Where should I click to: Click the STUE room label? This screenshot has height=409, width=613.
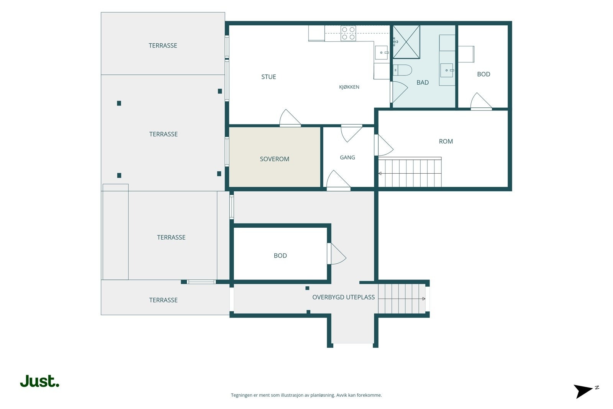pos(269,77)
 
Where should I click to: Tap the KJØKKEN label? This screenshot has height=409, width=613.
pos(349,87)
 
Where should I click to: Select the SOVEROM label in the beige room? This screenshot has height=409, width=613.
pos(274,159)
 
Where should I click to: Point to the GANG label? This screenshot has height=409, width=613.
pos(347,158)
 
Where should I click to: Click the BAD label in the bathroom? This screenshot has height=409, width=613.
pos(423,82)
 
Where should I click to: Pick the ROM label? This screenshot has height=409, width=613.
pos(446,141)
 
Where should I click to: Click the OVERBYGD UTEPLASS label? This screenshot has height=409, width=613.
pos(343,297)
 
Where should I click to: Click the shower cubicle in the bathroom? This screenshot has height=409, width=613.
pos(406,42)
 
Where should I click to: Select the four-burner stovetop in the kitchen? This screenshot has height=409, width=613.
pos(348,33)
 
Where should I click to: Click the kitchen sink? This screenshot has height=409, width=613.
pos(382,53)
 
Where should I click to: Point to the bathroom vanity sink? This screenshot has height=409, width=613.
pos(447,71)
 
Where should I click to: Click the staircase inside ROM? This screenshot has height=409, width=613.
pos(410,172)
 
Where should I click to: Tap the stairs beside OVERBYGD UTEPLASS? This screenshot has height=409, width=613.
pos(402,299)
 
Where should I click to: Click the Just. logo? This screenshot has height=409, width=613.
pos(40,381)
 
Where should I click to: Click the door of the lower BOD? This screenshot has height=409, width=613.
pos(336,254)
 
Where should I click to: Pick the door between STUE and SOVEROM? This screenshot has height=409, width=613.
pos(290,118)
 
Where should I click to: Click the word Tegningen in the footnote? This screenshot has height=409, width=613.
pos(242,395)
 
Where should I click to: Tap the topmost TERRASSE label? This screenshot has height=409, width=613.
pos(163,46)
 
